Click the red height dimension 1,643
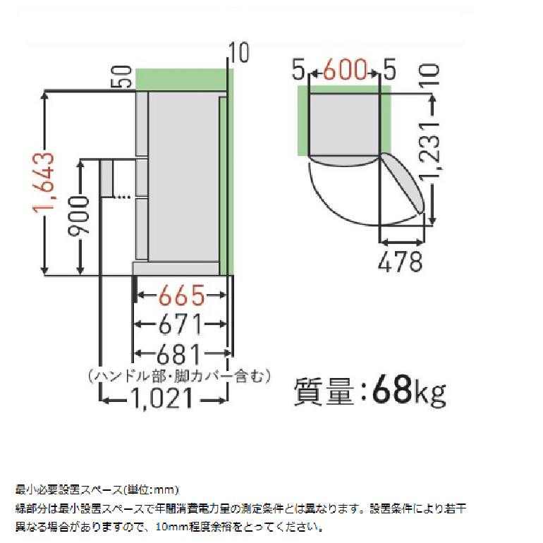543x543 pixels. point(44,182)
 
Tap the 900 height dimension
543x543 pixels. point(79,216)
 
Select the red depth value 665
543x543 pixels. point(182,295)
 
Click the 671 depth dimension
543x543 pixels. point(181,324)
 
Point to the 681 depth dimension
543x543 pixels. point(179,353)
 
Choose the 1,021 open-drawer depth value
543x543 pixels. point(161,398)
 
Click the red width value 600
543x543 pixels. point(345,70)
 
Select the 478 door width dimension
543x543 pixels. point(401,262)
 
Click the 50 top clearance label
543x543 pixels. point(121,77)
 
